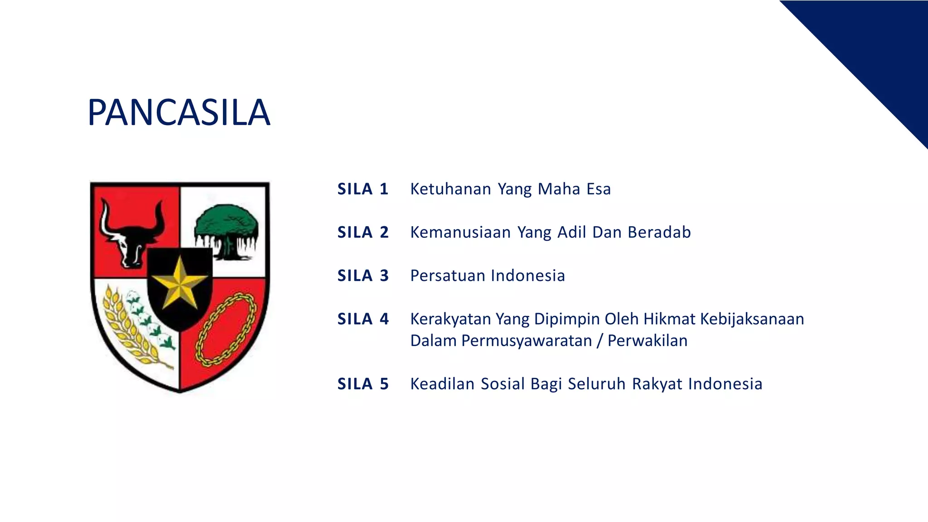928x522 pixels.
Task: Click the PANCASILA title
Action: (179, 112)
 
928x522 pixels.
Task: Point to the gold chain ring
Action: (225, 329)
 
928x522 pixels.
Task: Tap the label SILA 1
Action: (363, 189)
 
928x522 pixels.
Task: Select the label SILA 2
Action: (363, 232)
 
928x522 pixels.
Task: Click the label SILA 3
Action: (363, 275)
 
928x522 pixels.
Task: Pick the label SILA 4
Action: (363, 319)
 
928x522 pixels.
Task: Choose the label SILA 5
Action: (363, 384)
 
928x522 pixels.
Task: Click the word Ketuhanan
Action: (450, 189)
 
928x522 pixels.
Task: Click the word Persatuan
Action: (448, 275)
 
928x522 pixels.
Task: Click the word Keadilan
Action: (442, 384)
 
